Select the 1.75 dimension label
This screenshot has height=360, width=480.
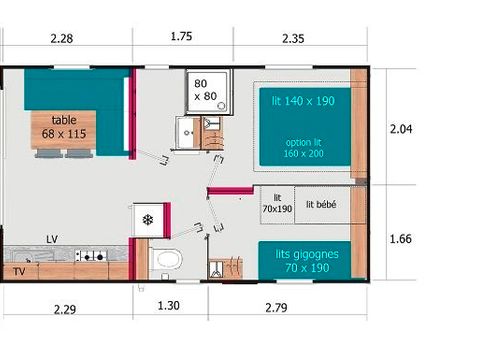[x=181, y=37]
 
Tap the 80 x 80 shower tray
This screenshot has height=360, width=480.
[x=204, y=91]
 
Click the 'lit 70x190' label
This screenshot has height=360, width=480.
[x=277, y=204]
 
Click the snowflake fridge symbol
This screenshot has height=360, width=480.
[x=147, y=219]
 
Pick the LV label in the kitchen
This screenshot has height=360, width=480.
[x=51, y=240]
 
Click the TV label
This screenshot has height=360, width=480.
[x=18, y=270]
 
